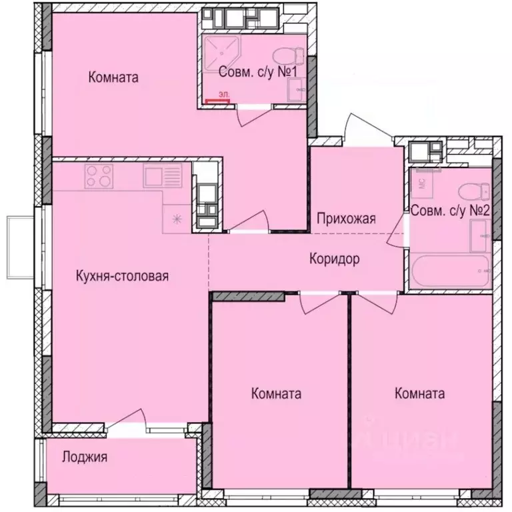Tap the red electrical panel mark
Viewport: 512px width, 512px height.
[217, 101]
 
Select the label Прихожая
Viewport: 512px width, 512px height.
[347, 218]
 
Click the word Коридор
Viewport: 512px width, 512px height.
[335, 259]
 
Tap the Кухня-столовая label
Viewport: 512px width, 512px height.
[121, 276]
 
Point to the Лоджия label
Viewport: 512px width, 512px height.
[85, 457]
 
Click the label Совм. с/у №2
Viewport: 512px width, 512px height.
[451, 212]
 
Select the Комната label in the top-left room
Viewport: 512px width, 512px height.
[113, 78]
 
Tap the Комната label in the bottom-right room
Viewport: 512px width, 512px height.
[419, 393]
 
